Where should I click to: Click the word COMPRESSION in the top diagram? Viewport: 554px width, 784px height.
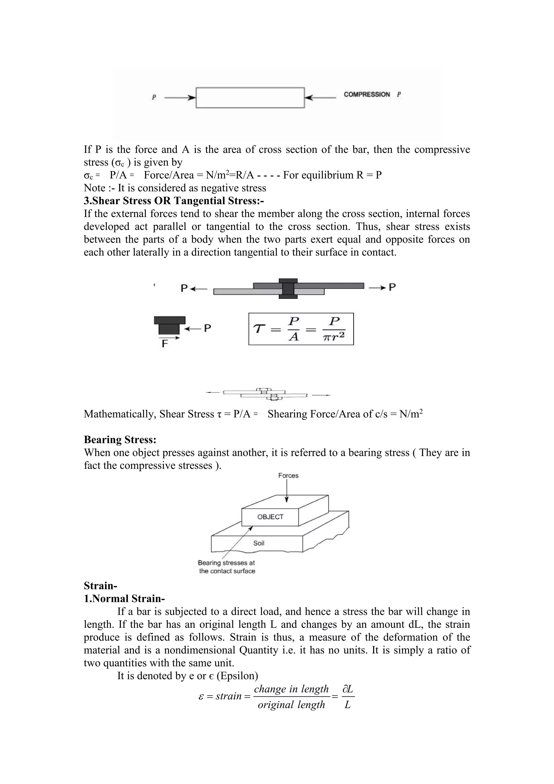click(x=367, y=94)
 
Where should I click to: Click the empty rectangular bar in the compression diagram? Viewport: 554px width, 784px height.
click(x=250, y=98)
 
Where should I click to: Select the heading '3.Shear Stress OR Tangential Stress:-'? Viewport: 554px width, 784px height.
click(x=174, y=201)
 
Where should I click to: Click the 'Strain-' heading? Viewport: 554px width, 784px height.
click(x=101, y=586)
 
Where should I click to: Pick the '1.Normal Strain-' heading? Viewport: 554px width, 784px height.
click(x=124, y=599)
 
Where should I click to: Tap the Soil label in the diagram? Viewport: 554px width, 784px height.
click(x=259, y=543)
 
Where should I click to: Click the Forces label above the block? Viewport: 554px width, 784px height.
click(x=288, y=476)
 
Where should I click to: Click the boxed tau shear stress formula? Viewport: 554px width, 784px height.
click(x=301, y=329)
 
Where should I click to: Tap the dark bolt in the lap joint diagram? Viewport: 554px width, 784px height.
click(x=288, y=289)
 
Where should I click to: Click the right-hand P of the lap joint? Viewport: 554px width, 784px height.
click(x=392, y=287)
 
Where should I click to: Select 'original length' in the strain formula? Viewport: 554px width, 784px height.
click(x=291, y=704)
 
